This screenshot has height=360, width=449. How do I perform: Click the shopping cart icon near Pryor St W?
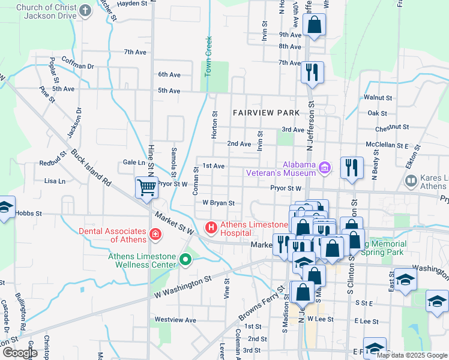pyautogui.click(x=146, y=187)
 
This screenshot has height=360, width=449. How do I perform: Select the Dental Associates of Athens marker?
pyautogui.click(x=155, y=233)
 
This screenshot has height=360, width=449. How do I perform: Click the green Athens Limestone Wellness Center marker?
pyautogui.click(x=185, y=260)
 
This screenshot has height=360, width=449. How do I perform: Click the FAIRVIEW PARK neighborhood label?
pyautogui.click(x=266, y=113)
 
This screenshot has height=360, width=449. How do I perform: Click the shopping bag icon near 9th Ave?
pyautogui.click(x=313, y=25)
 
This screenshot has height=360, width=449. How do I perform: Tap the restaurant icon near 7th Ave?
pyautogui.click(x=312, y=73)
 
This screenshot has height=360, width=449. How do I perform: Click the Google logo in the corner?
pyautogui.click(x=19, y=353)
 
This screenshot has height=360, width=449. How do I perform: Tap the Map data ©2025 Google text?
pyautogui.click(x=411, y=355)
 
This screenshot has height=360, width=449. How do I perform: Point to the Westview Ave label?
pyautogui.click(x=175, y=320)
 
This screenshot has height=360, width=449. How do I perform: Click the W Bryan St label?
pyautogui.click(x=218, y=203)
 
